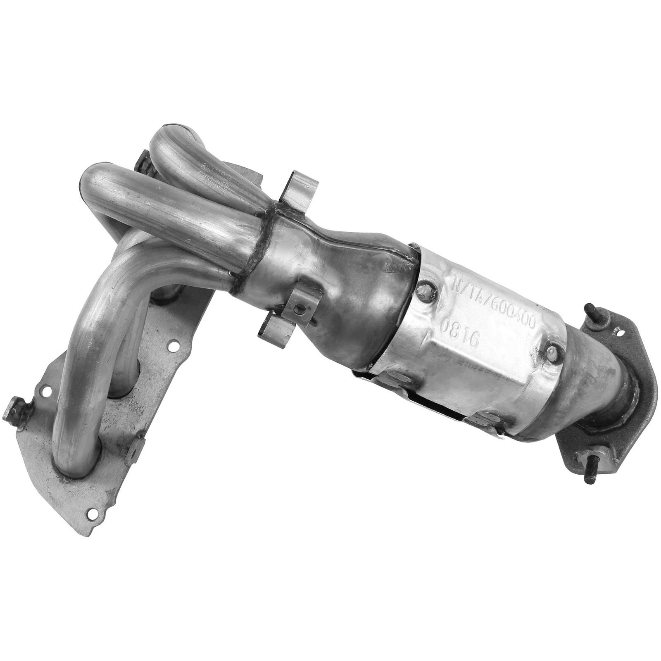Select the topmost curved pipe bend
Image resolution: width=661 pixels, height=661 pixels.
(x=174, y=136)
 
